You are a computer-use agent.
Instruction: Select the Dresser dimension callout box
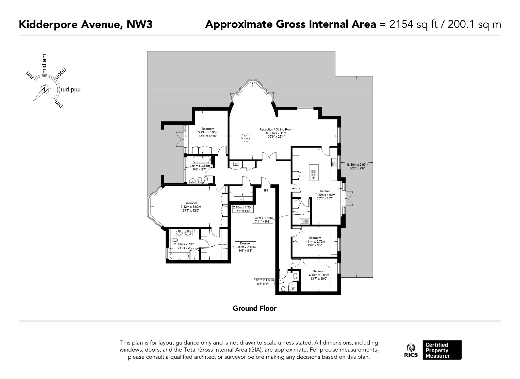click(x=245, y=247)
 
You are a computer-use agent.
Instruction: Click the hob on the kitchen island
click(x=314, y=172)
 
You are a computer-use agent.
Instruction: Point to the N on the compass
click(x=45, y=90)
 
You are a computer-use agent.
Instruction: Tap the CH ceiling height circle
click(x=246, y=137)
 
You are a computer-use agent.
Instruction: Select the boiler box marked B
click(x=236, y=164)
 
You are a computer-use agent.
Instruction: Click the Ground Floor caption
click(x=254, y=308)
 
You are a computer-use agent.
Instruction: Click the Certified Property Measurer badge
click(x=442, y=350)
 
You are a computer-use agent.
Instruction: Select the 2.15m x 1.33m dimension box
click(x=243, y=209)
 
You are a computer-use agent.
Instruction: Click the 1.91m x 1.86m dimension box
click(x=264, y=282)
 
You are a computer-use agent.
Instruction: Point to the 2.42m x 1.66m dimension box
click(x=263, y=219)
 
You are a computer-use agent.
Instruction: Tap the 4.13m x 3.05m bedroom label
click(x=319, y=275)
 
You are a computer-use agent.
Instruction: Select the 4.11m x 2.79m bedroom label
click(x=315, y=242)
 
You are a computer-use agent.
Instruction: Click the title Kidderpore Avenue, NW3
click(x=86, y=25)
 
